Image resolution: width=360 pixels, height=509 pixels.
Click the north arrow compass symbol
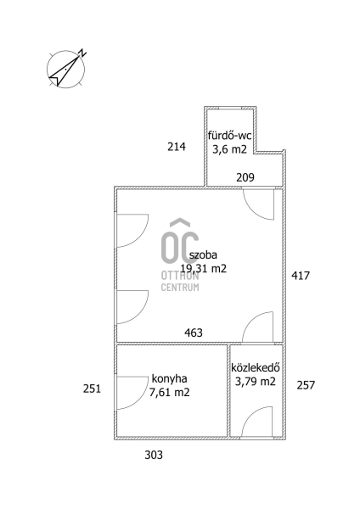coord(66,69)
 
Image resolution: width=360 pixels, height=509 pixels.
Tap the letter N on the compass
coord(83,53)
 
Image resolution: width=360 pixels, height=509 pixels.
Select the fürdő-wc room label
coord(230,135)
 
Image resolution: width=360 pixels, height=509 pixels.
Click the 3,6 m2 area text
coord(230,149)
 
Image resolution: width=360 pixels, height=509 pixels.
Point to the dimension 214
coord(177,147)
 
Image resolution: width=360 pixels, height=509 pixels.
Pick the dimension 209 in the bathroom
coord(245,177)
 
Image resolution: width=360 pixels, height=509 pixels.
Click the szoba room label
coord(204,255)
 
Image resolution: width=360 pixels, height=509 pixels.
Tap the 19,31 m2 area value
coord(204,269)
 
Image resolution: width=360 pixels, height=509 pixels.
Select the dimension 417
coord(301,276)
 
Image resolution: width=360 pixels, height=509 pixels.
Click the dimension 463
coord(194,333)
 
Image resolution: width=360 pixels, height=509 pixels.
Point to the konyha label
coord(169,379)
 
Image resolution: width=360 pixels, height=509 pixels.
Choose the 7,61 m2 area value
coord(169,393)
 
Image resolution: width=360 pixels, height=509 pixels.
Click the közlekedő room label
coord(256,367)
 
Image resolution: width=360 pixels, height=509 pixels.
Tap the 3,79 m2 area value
coord(256,382)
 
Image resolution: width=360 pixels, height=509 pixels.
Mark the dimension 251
coord(92,389)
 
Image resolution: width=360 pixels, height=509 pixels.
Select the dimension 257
coord(306,385)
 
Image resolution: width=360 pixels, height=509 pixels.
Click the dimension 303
coord(154,455)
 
